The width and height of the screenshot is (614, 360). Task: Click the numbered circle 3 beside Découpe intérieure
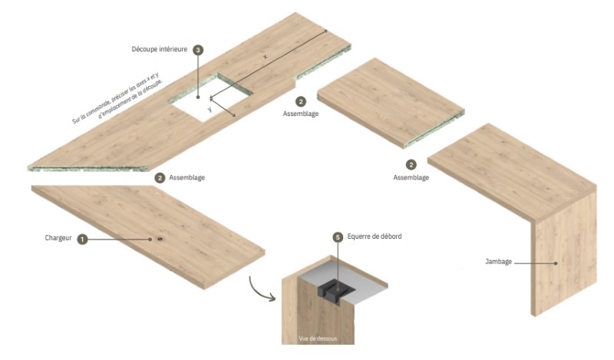pos(198,50)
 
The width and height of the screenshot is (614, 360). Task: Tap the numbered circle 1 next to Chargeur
pos(82,239)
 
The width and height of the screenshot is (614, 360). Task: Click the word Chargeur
pos(58,239)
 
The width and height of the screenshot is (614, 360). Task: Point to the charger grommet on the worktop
pos(160,239)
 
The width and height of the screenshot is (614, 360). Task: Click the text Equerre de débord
pos(375,237)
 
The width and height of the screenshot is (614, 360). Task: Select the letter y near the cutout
pos(209,111)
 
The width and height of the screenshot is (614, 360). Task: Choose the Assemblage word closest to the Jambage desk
pos(411,177)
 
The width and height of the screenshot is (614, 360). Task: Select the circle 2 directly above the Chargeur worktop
pos(160,177)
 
